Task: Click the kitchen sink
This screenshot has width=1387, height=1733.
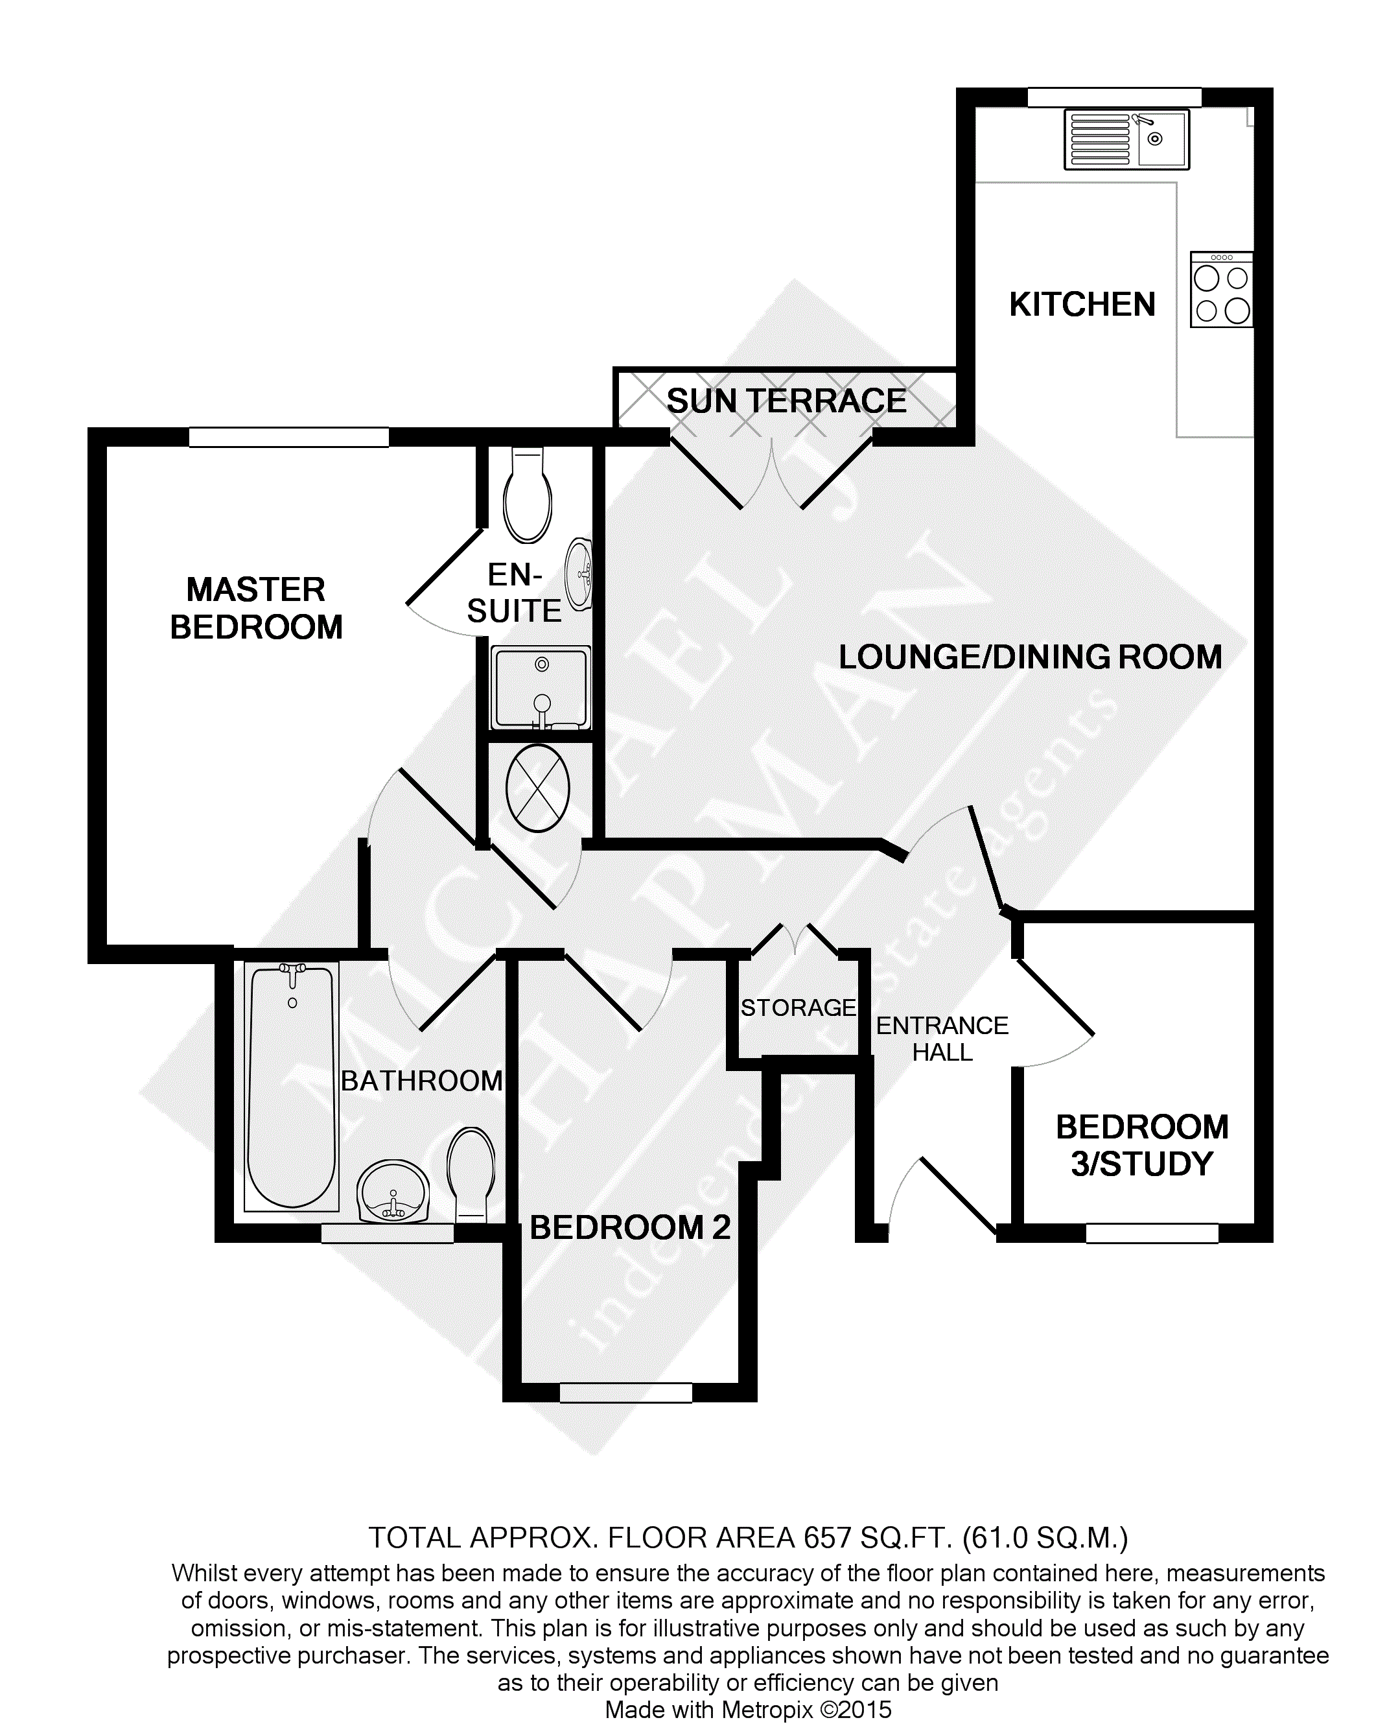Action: coord(1126,139)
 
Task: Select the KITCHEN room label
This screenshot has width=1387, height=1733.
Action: coord(1082,305)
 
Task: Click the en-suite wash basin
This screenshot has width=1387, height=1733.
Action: coord(579,574)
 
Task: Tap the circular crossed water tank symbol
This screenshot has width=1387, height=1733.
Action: coord(537,788)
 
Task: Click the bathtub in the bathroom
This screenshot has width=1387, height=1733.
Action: coord(292,1087)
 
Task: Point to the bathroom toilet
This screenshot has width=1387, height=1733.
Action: coord(471,1174)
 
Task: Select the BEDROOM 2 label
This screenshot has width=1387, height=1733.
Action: coord(630,1227)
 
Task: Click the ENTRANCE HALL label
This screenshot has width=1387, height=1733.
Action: coord(942,1039)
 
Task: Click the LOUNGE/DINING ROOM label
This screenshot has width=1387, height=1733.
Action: coord(1031,657)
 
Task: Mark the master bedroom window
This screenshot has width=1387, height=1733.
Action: coord(288,437)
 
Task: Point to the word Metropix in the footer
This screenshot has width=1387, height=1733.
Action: coord(767,1710)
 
